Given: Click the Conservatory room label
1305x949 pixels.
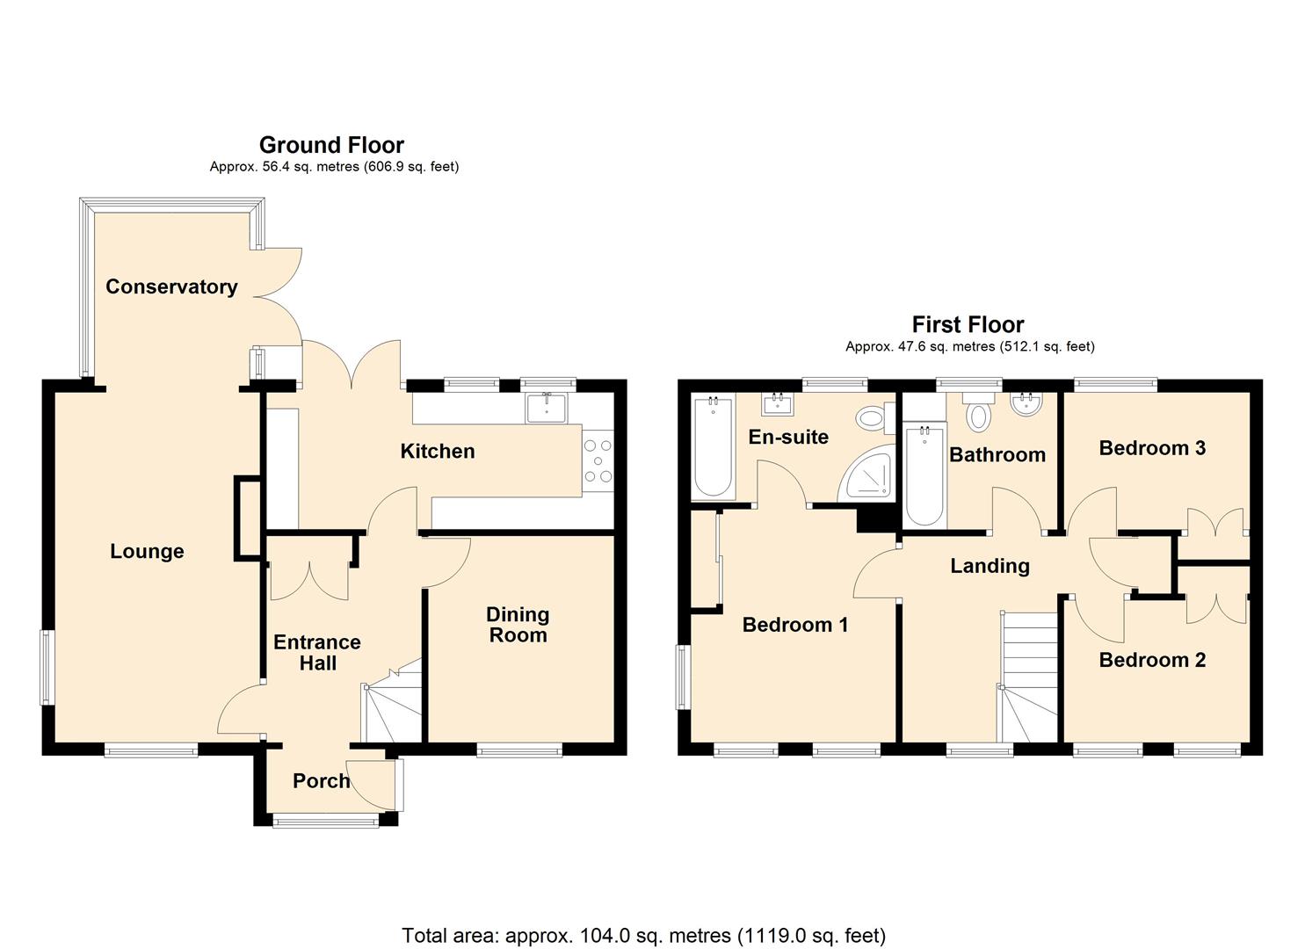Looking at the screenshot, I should [x=171, y=286].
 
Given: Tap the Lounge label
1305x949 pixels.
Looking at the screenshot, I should [x=147, y=551].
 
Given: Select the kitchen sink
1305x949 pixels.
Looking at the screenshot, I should [x=547, y=407].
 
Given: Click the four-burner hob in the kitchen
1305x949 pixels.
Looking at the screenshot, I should [x=598, y=461].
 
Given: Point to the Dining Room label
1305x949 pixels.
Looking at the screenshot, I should [x=518, y=625].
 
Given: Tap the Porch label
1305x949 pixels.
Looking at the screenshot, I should [x=321, y=780].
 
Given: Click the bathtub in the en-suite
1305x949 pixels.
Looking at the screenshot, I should [x=713, y=448].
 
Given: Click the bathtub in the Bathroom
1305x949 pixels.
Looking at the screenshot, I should [x=924, y=474].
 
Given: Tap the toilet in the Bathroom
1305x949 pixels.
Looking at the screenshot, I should [x=977, y=411].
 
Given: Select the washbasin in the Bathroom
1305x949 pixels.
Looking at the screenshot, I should [x=1025, y=405].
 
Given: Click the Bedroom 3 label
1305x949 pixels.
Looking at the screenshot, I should [x=1152, y=448].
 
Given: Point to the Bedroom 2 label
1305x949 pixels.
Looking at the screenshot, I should [x=1152, y=660].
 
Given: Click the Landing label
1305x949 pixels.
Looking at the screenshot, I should [x=990, y=566].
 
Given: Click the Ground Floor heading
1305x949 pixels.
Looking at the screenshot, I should [x=331, y=145].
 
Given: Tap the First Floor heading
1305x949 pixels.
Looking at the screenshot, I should [x=968, y=325].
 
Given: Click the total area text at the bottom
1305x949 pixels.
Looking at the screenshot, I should [x=643, y=935].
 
